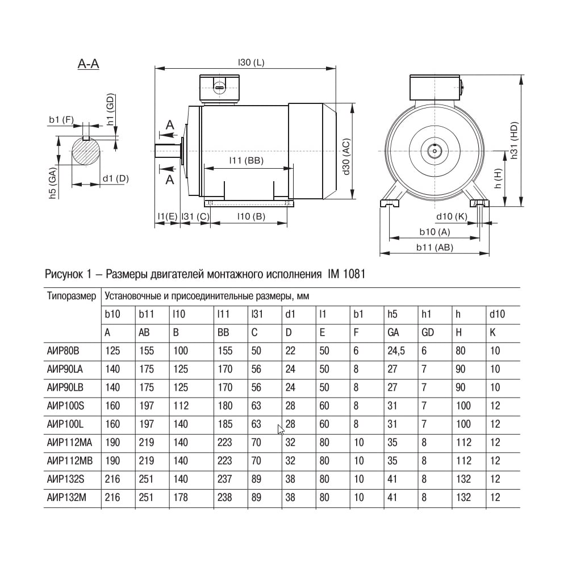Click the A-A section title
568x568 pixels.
point(89,64)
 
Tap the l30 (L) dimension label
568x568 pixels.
point(251,62)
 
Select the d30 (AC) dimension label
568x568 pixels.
point(346,157)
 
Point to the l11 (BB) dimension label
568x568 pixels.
point(247,161)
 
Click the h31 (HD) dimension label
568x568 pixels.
point(514,140)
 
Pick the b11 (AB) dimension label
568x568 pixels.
point(435,248)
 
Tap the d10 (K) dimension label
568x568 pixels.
point(452,216)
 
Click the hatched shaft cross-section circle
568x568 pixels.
point(86,152)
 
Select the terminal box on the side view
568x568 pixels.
point(219,87)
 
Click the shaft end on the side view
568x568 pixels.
point(168,151)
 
